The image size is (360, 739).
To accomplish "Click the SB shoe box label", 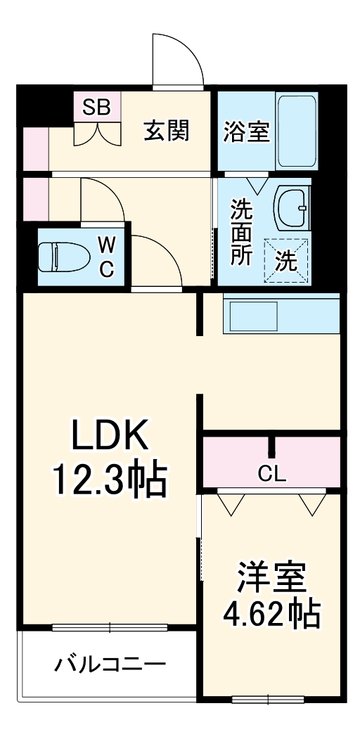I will click(96, 107).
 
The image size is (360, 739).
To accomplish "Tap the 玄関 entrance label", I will click(167, 130).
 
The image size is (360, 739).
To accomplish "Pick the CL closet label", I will click(271, 474).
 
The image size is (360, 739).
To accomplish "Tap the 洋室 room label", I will click(271, 579).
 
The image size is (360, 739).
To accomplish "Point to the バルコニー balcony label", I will click(111, 664).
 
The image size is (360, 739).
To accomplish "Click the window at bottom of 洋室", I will click(268, 699).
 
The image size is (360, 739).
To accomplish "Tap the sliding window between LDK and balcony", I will click(110, 626).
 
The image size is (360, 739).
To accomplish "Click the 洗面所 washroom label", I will click(242, 232).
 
